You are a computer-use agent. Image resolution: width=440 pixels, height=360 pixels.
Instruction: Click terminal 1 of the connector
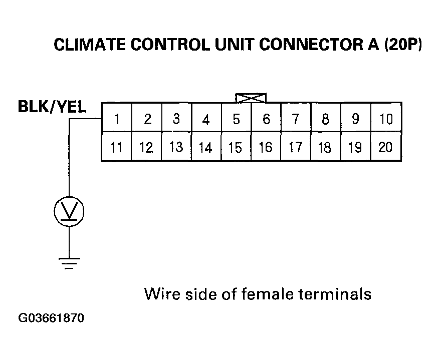[117, 118]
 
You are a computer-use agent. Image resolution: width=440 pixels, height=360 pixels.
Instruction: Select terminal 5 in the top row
[236, 118]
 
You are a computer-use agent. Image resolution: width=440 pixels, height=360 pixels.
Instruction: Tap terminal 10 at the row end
[386, 118]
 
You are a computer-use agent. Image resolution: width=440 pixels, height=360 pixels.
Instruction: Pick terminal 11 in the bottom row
[117, 146]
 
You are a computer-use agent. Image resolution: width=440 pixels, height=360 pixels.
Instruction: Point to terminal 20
[386, 146]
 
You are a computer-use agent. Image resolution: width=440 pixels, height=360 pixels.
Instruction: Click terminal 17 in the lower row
[296, 146]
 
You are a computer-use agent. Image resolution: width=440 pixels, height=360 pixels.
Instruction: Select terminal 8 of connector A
[326, 118]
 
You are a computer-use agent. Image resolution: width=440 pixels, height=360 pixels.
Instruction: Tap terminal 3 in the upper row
[176, 118]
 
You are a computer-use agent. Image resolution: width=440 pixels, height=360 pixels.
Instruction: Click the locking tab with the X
[251, 98]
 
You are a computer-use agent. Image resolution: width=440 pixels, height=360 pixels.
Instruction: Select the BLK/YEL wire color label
[52, 107]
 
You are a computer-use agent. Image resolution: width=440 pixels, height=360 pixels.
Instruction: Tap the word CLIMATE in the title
[90, 45]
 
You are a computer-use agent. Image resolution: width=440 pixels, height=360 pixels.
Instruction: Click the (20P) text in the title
[403, 45]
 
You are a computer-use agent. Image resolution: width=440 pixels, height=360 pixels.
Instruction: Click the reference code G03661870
[51, 318]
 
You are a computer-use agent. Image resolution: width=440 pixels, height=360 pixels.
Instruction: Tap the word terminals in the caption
[335, 294]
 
